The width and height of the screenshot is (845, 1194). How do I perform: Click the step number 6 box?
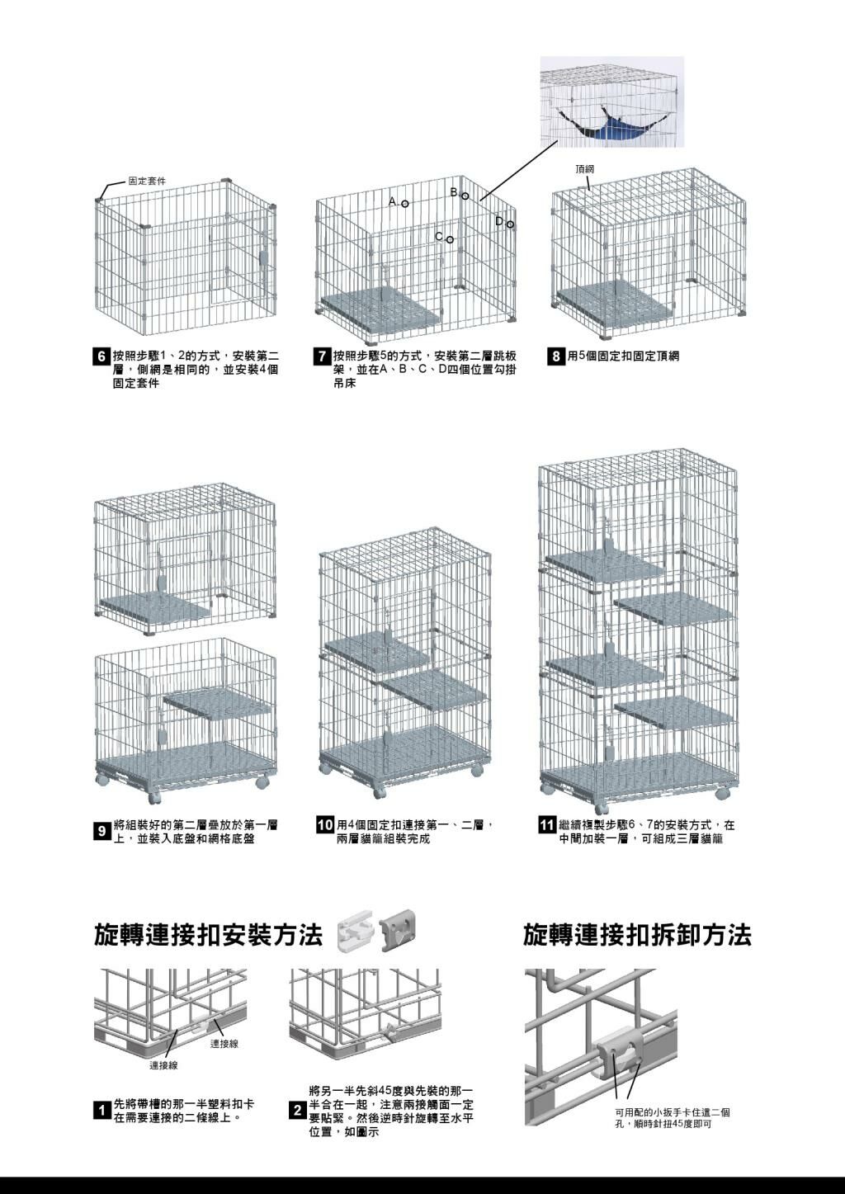click(x=101, y=357)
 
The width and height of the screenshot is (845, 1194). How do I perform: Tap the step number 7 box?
click(x=323, y=357)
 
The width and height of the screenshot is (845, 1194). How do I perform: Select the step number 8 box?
click(x=557, y=357)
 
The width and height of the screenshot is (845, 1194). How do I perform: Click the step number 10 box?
click(x=325, y=825)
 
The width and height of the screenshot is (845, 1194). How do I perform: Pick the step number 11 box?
click(x=546, y=825)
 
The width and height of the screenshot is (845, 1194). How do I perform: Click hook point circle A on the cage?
click(x=405, y=204)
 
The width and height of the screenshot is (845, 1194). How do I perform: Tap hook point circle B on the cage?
click(x=465, y=196)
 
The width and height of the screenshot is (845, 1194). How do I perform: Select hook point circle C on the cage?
click(x=450, y=240)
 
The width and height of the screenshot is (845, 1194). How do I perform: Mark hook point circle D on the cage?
click(x=510, y=224)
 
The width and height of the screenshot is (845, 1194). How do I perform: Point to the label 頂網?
click(x=584, y=169)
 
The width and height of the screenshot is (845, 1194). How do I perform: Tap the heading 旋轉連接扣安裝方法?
click(x=208, y=936)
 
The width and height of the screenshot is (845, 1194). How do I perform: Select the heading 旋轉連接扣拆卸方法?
click(x=637, y=936)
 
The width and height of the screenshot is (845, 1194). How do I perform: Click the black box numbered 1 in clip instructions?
click(x=101, y=1111)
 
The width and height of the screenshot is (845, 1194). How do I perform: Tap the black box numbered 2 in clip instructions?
click(x=298, y=1111)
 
